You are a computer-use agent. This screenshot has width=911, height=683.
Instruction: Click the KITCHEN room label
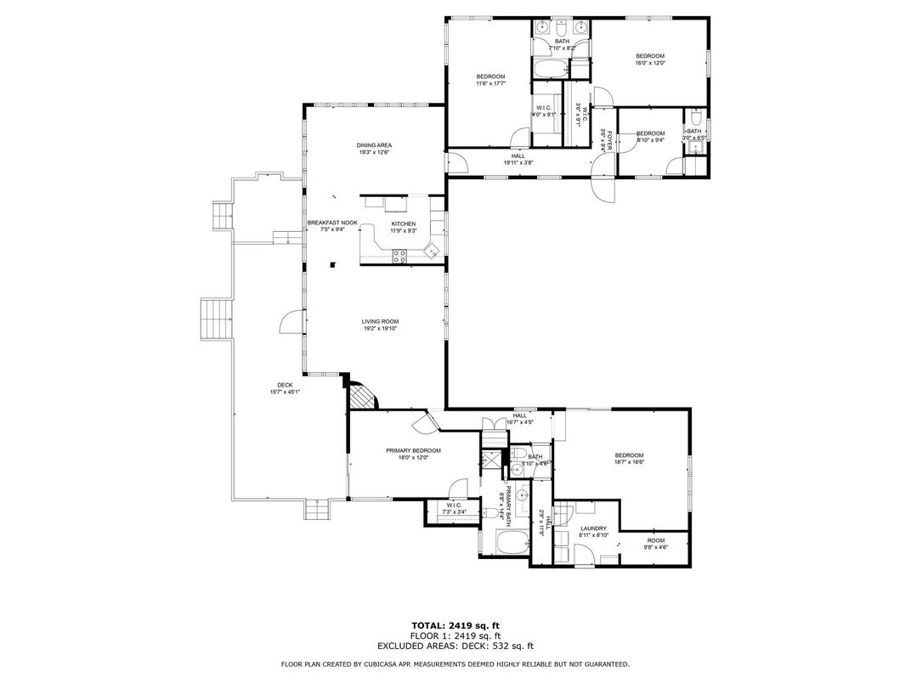[x=403, y=224]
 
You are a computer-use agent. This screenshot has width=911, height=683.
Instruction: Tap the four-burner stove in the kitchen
[x=399, y=256]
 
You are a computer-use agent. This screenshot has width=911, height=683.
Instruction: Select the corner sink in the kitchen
[x=432, y=250]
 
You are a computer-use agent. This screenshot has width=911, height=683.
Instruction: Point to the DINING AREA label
[x=374, y=145]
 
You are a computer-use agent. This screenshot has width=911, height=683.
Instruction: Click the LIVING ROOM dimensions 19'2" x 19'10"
[x=380, y=329]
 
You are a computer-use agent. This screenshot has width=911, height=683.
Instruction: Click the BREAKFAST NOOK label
[x=332, y=223]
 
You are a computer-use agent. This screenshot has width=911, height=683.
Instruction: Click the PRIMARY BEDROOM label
[x=413, y=450]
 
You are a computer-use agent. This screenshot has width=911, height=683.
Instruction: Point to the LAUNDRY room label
[x=592, y=528]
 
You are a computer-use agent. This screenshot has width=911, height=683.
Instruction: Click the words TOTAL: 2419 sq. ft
[x=455, y=625]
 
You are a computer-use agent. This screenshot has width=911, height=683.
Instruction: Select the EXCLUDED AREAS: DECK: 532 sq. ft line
[x=455, y=646]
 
